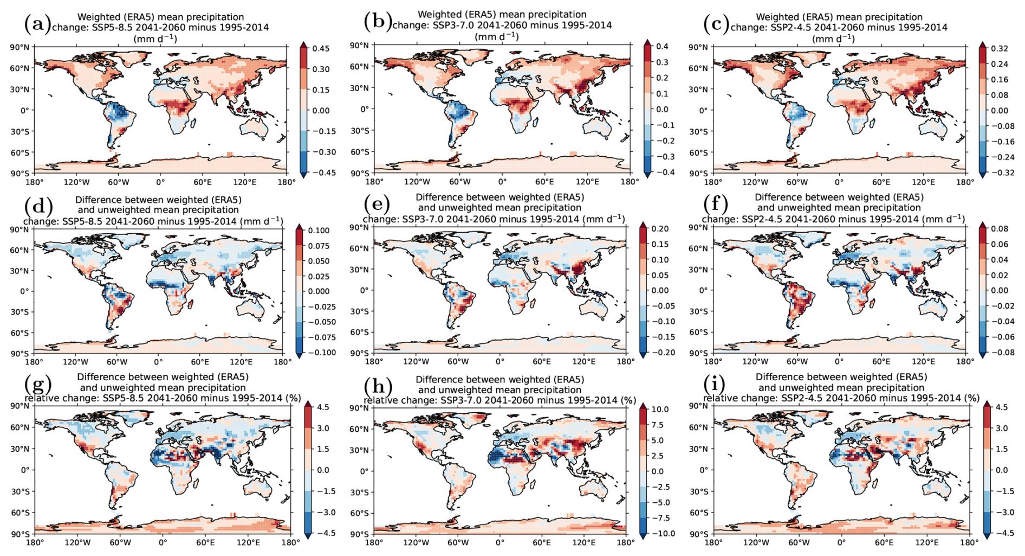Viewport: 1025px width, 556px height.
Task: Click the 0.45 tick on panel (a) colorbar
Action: click(x=321, y=48)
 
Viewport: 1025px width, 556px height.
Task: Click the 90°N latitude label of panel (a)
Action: click(x=20, y=47)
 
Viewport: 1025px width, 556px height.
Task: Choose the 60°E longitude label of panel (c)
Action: click(x=881, y=182)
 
